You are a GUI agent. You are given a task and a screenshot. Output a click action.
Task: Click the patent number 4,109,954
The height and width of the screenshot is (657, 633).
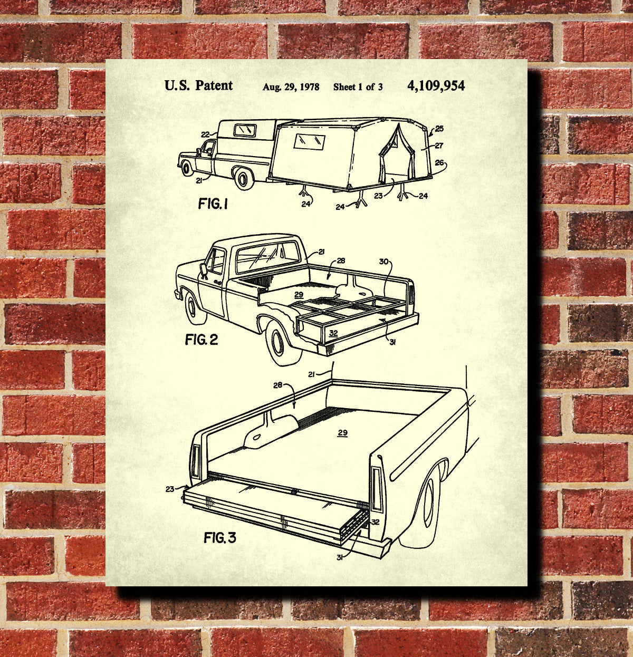tap(436, 86)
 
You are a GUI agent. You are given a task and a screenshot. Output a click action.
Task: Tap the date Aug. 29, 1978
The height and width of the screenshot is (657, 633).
tap(291, 87)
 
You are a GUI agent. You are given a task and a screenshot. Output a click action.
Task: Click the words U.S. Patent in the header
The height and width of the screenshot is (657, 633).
tap(199, 86)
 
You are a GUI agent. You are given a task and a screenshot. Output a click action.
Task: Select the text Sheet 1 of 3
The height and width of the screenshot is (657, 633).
tap(358, 87)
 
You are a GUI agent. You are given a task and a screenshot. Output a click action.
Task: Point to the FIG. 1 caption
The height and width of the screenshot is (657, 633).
tap(213, 204)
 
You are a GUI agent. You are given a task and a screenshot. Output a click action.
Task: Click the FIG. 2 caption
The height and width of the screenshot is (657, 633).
tap(202, 340)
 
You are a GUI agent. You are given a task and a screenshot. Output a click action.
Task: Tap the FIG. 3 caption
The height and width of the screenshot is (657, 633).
tap(220, 538)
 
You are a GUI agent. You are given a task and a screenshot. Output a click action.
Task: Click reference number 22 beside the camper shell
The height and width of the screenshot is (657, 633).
tap(205, 134)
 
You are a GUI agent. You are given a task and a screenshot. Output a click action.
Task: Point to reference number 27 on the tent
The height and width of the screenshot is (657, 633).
tap(439, 146)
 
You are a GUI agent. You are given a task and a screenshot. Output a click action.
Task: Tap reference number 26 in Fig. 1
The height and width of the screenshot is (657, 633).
tap(439, 163)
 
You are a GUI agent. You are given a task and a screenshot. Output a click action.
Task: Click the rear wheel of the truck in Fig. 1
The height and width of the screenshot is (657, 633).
tap(243, 179)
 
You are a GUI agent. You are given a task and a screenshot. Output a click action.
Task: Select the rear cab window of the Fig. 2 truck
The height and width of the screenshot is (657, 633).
tap(268, 257)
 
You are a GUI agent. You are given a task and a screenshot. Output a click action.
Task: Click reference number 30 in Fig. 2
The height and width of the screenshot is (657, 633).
tap(383, 262)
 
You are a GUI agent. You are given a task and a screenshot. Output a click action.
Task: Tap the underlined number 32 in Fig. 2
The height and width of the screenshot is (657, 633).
tap(333, 333)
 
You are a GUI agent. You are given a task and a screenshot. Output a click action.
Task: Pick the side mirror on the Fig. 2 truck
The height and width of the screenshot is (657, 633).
tap(204, 270)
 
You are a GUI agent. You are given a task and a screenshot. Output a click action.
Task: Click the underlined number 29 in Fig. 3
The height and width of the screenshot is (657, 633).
tap(342, 433)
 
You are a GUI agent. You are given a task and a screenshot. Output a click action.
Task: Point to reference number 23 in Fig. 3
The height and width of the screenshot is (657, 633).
tap(170, 489)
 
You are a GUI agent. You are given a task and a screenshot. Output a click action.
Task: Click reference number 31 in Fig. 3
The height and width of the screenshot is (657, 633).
tap(340, 558)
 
